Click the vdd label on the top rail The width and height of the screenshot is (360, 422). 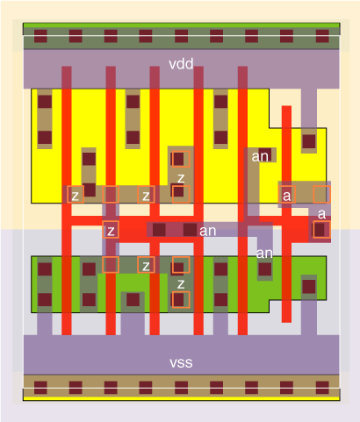click(181, 64)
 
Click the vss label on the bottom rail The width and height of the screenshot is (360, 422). click(181, 362)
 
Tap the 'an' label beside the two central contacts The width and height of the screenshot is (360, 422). click(207, 231)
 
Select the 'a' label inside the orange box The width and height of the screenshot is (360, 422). click(287, 196)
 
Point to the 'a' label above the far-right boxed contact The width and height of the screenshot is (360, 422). click(321, 214)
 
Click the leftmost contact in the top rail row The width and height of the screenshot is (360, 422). click(40, 36)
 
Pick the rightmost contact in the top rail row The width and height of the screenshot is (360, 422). click(322, 36)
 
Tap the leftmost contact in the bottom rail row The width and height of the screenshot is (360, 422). click(40, 388)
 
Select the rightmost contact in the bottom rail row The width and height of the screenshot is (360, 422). click(322, 388)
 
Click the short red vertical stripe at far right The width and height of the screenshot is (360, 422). click(286, 214)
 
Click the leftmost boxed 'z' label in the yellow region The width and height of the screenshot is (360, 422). click(76, 196)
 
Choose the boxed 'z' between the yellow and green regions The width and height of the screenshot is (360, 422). click(111, 231)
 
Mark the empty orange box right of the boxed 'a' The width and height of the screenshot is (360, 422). click(321, 194)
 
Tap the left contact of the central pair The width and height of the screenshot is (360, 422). click(159, 230)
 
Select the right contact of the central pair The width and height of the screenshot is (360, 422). click(190, 230)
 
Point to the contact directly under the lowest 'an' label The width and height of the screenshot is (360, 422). click(265, 269)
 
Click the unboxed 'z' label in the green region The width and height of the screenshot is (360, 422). click(181, 284)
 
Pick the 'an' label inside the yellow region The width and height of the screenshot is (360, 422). click(260, 157)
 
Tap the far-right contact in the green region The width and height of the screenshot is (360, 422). click(309, 287)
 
